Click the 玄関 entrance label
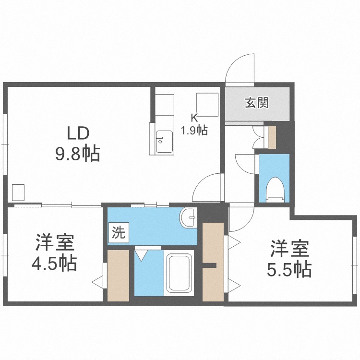(x=257, y=103)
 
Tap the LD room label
(x=78, y=133)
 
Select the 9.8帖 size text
(x=78, y=153)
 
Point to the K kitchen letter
(x=194, y=118)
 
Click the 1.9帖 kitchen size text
(x=194, y=131)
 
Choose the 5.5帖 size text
(x=289, y=270)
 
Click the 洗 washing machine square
(x=119, y=232)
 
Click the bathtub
(x=179, y=273)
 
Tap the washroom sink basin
(x=189, y=217)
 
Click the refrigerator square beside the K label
(x=207, y=105)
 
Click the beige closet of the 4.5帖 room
(x=118, y=276)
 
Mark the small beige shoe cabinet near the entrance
(x=272, y=137)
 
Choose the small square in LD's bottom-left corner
(x=18, y=192)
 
